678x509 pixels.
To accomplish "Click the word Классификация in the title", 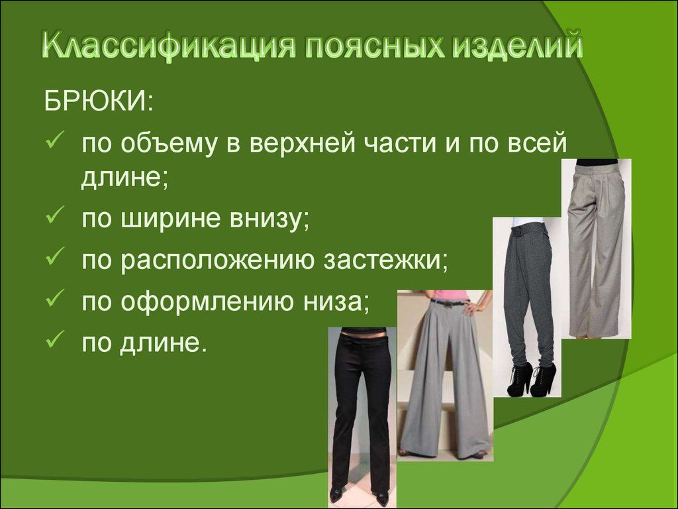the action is click(x=169, y=46).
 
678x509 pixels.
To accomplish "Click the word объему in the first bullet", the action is click(x=169, y=144).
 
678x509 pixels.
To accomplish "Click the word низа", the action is click(x=336, y=302).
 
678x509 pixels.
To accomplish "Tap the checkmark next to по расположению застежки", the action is click(x=55, y=256).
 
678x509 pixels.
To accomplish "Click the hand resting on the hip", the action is click(x=475, y=308).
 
